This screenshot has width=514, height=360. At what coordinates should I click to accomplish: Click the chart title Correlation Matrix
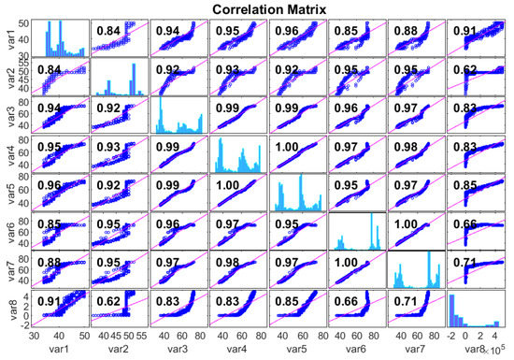point(258,8)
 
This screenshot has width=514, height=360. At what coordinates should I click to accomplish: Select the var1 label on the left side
point(8,36)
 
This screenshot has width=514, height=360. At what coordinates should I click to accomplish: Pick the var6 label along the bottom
point(358,351)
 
